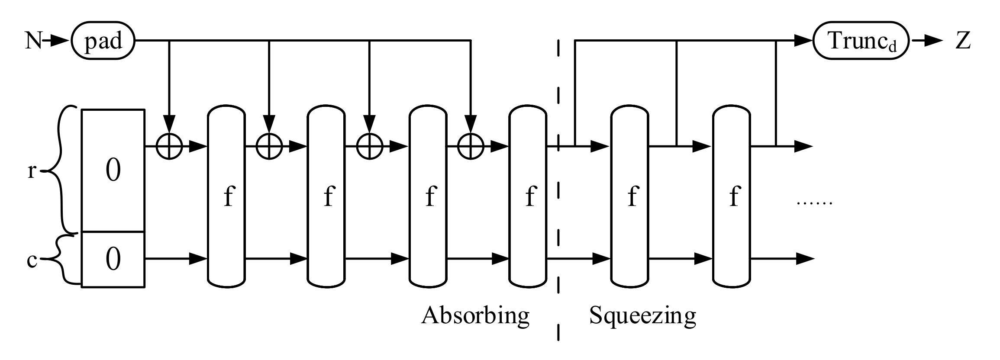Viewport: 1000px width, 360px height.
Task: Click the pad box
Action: point(103,42)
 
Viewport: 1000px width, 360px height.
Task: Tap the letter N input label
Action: point(34,42)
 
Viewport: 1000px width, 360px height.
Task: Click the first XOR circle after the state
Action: point(169,147)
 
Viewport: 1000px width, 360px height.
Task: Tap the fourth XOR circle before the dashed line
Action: point(471,147)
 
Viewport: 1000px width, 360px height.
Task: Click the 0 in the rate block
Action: point(113,171)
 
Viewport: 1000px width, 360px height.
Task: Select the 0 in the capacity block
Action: point(113,260)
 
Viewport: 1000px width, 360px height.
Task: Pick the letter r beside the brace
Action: point(32,171)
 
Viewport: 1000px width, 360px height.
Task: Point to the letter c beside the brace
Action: point(32,261)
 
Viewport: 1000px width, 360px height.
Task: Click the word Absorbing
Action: point(475,316)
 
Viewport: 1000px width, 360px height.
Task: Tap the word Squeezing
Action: point(642,316)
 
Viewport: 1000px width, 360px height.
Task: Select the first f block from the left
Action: point(227,197)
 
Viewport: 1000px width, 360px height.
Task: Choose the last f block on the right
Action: point(732,197)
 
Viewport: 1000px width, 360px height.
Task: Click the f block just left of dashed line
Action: point(528,197)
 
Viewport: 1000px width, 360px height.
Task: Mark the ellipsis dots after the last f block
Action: point(814,202)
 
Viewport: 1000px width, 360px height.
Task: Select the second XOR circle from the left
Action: point(269,147)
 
